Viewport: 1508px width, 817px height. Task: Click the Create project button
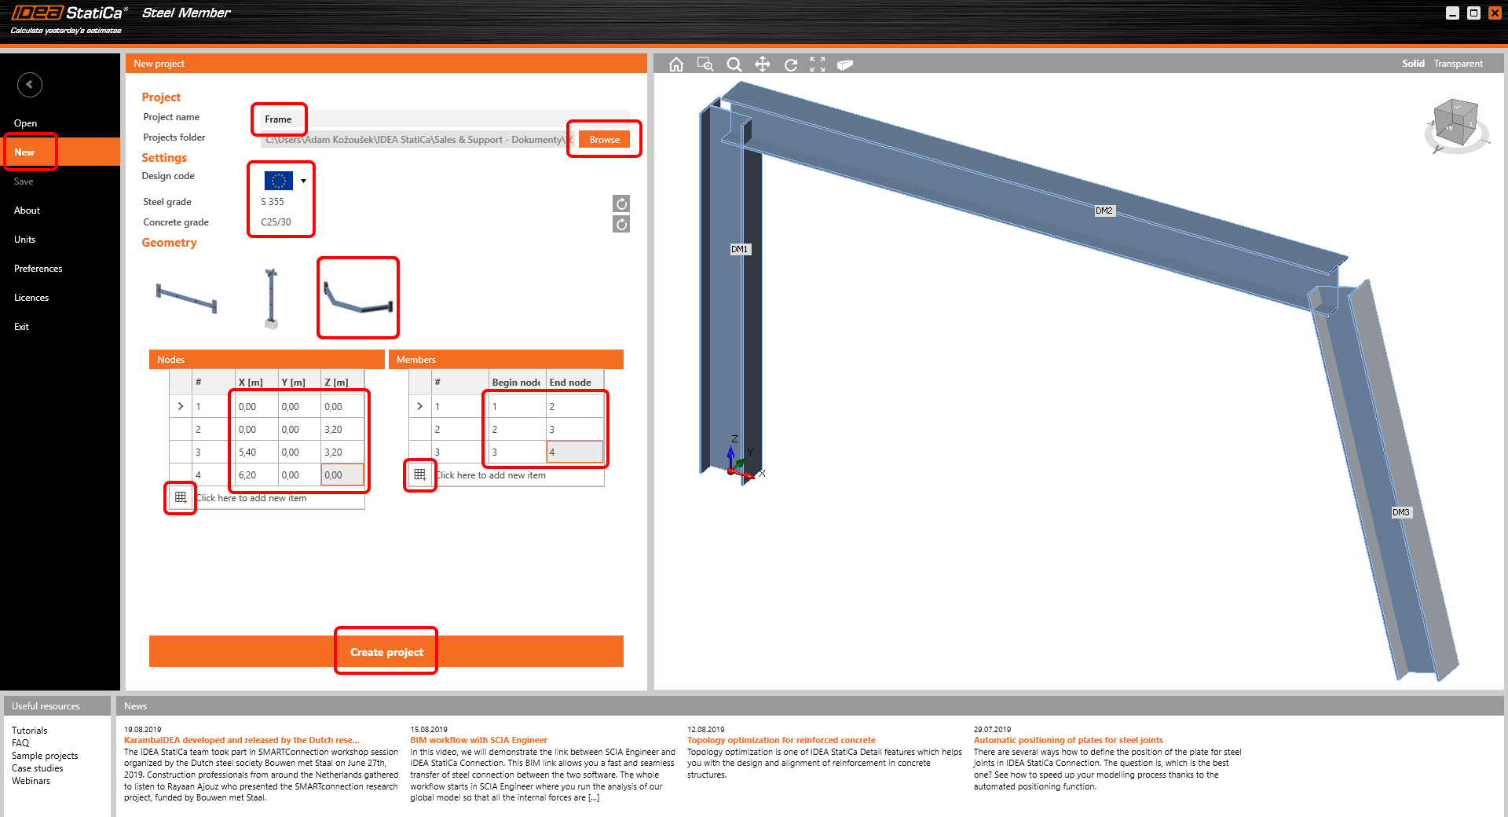coord(386,652)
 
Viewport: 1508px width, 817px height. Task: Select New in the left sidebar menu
coord(25,152)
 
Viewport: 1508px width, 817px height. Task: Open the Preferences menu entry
coord(38,269)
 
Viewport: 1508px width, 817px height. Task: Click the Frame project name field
coord(279,119)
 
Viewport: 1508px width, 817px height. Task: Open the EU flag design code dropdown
coord(302,181)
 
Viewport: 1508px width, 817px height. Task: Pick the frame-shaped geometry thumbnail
coord(358,298)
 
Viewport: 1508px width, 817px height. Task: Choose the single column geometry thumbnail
coord(271,298)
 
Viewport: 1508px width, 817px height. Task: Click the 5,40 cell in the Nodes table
coord(248,452)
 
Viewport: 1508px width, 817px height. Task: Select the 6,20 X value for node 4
coord(248,475)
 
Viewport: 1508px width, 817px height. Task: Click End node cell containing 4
coord(573,452)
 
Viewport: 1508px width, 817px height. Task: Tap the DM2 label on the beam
coord(1104,211)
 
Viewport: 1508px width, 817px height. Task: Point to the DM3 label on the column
coord(1400,512)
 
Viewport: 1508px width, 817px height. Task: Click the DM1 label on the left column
coord(739,249)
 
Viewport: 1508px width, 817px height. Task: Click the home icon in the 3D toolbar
coord(676,64)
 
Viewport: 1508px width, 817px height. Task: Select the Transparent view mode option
coord(1458,64)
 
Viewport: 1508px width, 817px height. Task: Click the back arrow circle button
coord(30,85)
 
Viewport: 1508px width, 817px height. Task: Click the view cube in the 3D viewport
coord(1455,124)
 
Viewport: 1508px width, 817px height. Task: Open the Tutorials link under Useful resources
coord(30,731)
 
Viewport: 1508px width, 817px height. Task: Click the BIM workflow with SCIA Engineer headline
coord(478,740)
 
